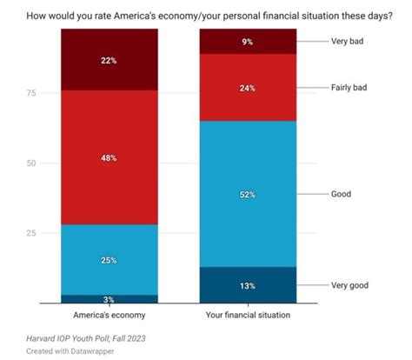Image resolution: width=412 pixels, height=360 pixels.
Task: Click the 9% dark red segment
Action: (248, 41)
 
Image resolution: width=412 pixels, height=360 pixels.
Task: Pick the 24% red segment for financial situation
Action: (248, 87)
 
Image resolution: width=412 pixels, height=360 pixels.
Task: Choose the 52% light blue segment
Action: (248, 194)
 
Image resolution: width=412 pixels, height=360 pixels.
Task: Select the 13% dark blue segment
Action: (248, 285)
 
